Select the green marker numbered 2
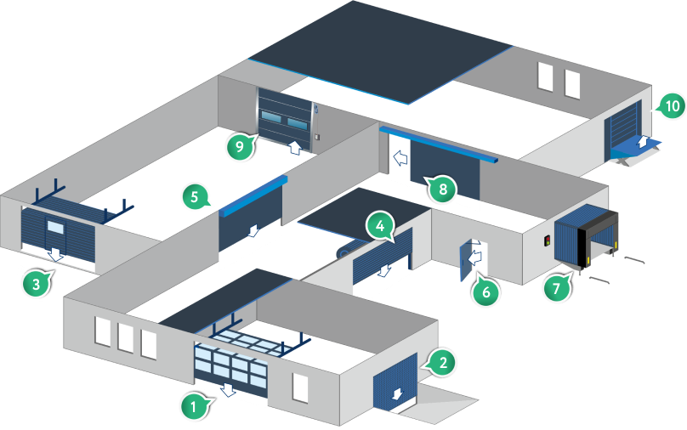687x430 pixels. tap(442, 363)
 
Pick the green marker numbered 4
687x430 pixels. tap(379, 227)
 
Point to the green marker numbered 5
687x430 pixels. tap(195, 199)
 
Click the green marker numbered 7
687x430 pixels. tap(556, 288)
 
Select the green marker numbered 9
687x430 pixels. tap(240, 147)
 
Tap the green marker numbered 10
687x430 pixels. tap(671, 106)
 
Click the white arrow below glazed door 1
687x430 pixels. tap(227, 389)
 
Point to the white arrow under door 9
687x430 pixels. tap(294, 147)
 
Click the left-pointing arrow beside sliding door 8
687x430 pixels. tap(397, 156)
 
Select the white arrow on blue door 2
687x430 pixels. tap(396, 393)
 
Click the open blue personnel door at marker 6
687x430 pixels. tap(466, 262)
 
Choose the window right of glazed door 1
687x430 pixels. tap(299, 387)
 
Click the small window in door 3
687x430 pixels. tap(58, 227)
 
